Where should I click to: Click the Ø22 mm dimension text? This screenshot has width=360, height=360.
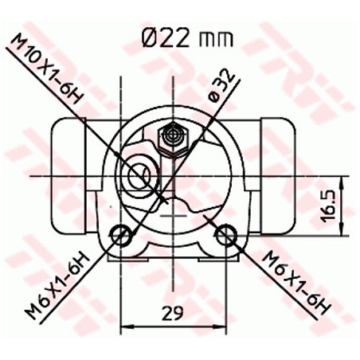click(187, 38)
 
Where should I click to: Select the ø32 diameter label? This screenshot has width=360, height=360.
click(221, 85)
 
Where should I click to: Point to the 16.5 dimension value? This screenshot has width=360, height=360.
click(328, 205)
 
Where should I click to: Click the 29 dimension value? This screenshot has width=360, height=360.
click(173, 313)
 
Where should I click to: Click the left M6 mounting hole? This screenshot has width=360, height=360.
click(120, 234)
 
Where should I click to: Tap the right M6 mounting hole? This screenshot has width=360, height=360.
click(226, 234)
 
